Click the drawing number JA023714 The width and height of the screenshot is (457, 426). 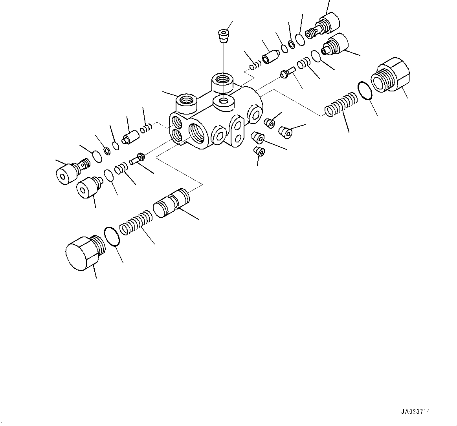click(x=415, y=412)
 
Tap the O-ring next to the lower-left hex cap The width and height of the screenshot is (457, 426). click(x=112, y=237)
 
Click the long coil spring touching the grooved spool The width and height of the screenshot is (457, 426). click(x=136, y=223)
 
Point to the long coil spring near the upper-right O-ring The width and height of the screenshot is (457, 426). click(x=341, y=105)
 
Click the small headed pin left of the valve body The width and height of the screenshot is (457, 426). click(x=138, y=159)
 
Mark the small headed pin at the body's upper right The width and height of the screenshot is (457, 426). click(x=288, y=72)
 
